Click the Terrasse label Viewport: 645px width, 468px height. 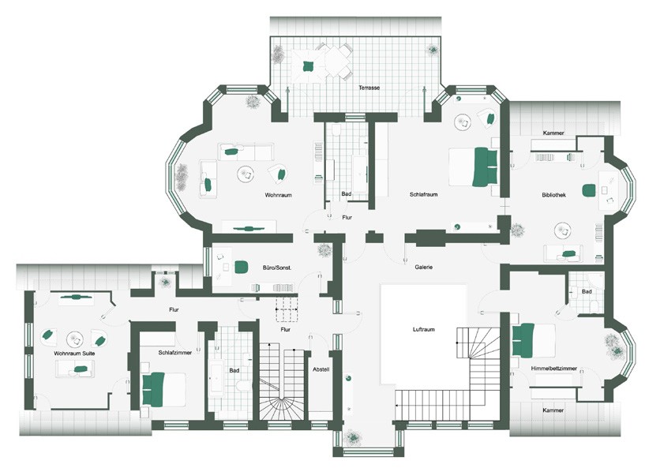369,88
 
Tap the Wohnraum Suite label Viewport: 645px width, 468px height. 74,354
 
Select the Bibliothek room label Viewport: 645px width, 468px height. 553,195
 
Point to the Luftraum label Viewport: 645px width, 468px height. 423,329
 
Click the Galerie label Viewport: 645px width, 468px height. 423,267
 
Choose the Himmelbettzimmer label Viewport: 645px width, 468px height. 553,369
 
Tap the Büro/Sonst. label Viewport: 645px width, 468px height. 277,268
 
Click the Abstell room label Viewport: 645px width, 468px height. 321,369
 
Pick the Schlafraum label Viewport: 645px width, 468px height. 423,194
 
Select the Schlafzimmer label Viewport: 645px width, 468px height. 175,353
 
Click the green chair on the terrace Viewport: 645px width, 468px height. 307,66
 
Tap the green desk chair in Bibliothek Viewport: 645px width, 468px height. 589,190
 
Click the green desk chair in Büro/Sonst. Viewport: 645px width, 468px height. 241,267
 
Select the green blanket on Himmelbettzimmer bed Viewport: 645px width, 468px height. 523,340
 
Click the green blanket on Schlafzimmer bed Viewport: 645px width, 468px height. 153,389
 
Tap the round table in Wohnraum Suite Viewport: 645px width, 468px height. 75,339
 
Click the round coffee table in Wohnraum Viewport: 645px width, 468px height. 246,174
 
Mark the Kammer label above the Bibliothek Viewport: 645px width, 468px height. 553,133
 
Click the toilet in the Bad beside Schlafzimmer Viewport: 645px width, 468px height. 243,385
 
